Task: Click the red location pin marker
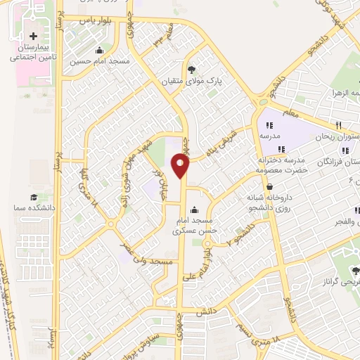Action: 181,167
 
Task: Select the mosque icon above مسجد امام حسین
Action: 99,50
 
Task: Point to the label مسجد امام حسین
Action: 99,61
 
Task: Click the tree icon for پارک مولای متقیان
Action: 192,69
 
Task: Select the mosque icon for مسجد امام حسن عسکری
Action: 195,210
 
